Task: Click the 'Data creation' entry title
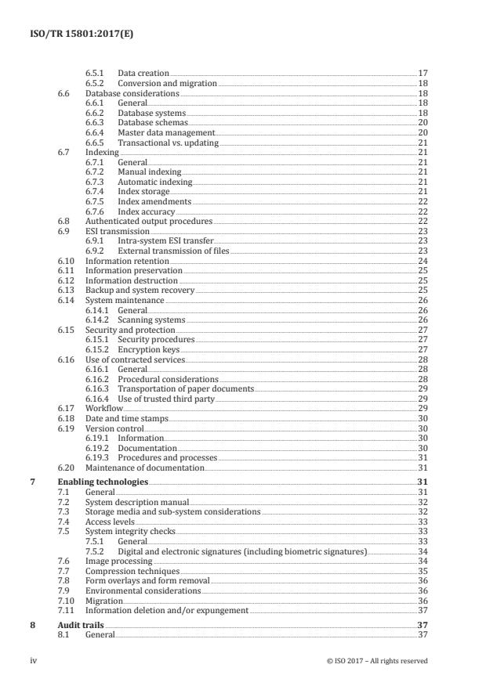143,73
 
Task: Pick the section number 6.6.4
97,132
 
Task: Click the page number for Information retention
422,262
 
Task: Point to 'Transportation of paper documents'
186,389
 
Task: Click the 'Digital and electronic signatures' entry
242,551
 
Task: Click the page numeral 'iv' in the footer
34,661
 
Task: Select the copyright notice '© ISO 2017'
377,661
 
